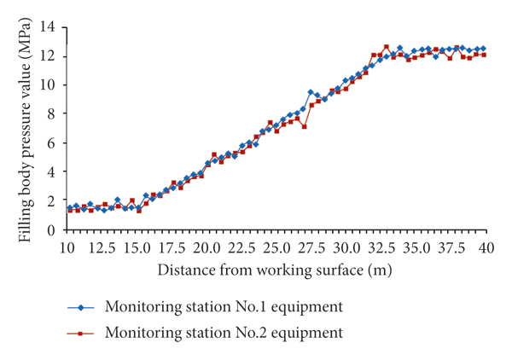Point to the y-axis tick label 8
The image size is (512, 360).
click(53, 114)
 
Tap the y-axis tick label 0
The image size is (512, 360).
click(53, 230)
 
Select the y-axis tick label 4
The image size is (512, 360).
click(53, 172)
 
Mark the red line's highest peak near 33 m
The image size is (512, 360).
click(387, 47)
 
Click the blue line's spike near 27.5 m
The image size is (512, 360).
click(311, 92)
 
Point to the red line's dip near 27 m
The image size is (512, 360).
click(304, 126)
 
